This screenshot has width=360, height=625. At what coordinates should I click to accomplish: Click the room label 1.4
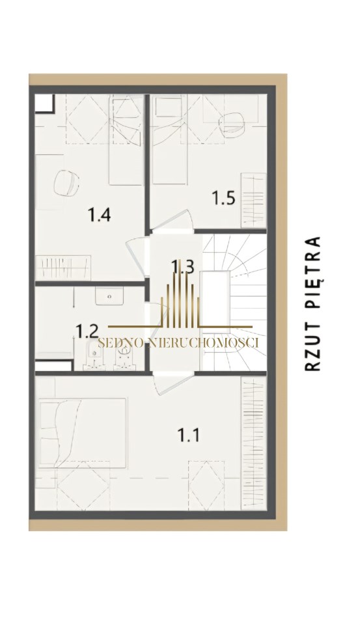pyautogui.click(x=99, y=215)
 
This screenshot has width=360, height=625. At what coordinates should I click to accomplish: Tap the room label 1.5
pyautogui.click(x=223, y=198)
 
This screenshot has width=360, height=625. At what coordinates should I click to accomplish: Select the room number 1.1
pyautogui.click(x=188, y=435)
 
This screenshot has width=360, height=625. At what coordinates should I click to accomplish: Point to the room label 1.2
pyautogui.click(x=87, y=331)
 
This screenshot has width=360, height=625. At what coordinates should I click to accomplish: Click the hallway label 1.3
pyautogui.click(x=182, y=266)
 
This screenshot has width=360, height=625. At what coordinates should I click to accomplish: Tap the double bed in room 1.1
pyautogui.click(x=83, y=433)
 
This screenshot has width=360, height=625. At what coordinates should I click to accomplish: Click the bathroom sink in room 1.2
pyautogui.click(x=109, y=296)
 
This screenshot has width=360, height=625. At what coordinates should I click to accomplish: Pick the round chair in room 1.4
pyautogui.click(x=66, y=184)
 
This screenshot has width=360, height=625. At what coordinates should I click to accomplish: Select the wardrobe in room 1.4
pyautogui.click(x=63, y=268)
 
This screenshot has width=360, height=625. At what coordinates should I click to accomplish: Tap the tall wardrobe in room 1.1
pyautogui.click(x=253, y=443)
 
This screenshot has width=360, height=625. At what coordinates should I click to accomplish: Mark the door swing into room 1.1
pyautogui.click(x=174, y=383)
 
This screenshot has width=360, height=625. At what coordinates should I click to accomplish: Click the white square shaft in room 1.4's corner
pyautogui.click(x=44, y=104)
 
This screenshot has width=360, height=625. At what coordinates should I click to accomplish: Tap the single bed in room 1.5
pyautogui.click(x=170, y=139)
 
